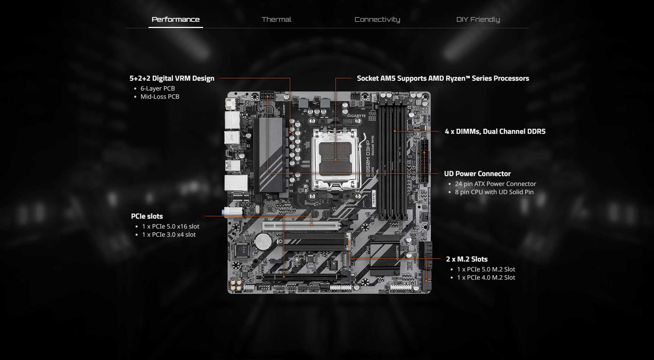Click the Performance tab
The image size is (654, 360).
pos(175,19)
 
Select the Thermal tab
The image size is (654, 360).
pos(276,19)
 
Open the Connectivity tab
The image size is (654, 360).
pos(377,19)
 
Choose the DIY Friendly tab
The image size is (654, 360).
pos(478,19)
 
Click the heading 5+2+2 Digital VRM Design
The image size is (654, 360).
pos(172,78)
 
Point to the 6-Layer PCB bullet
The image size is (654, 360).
pos(158,89)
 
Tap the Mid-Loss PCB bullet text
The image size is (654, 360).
pos(160,97)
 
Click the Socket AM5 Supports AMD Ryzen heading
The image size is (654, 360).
pos(443,78)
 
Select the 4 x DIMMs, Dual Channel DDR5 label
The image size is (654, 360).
pos(495,131)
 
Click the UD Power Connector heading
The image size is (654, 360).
pos(477,174)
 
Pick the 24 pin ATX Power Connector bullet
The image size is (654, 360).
pos(495,184)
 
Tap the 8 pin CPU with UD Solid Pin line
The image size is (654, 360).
pos(494,192)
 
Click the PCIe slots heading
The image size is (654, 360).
pos(147,216)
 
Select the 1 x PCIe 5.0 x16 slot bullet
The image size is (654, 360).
pos(171,226)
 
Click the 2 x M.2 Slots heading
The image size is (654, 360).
pos(467,259)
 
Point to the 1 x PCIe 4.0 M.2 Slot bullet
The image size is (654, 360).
pos(486,278)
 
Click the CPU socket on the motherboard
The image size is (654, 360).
pos(336,157)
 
